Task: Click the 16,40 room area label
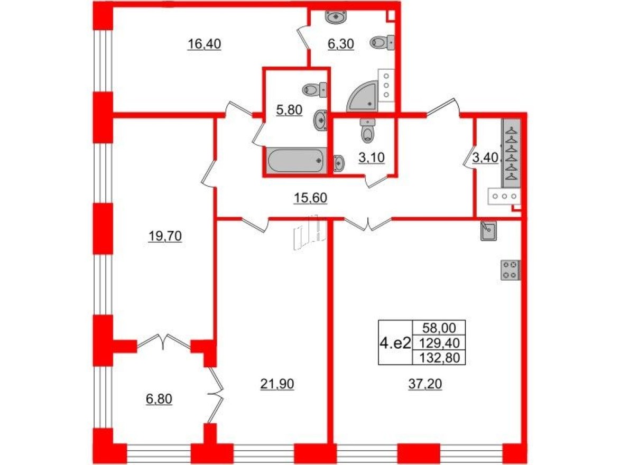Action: (x=204, y=44)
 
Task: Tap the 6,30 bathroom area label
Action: (x=340, y=44)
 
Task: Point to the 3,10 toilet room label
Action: (x=373, y=159)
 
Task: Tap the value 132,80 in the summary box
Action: (x=439, y=358)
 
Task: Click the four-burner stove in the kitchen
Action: (x=511, y=269)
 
